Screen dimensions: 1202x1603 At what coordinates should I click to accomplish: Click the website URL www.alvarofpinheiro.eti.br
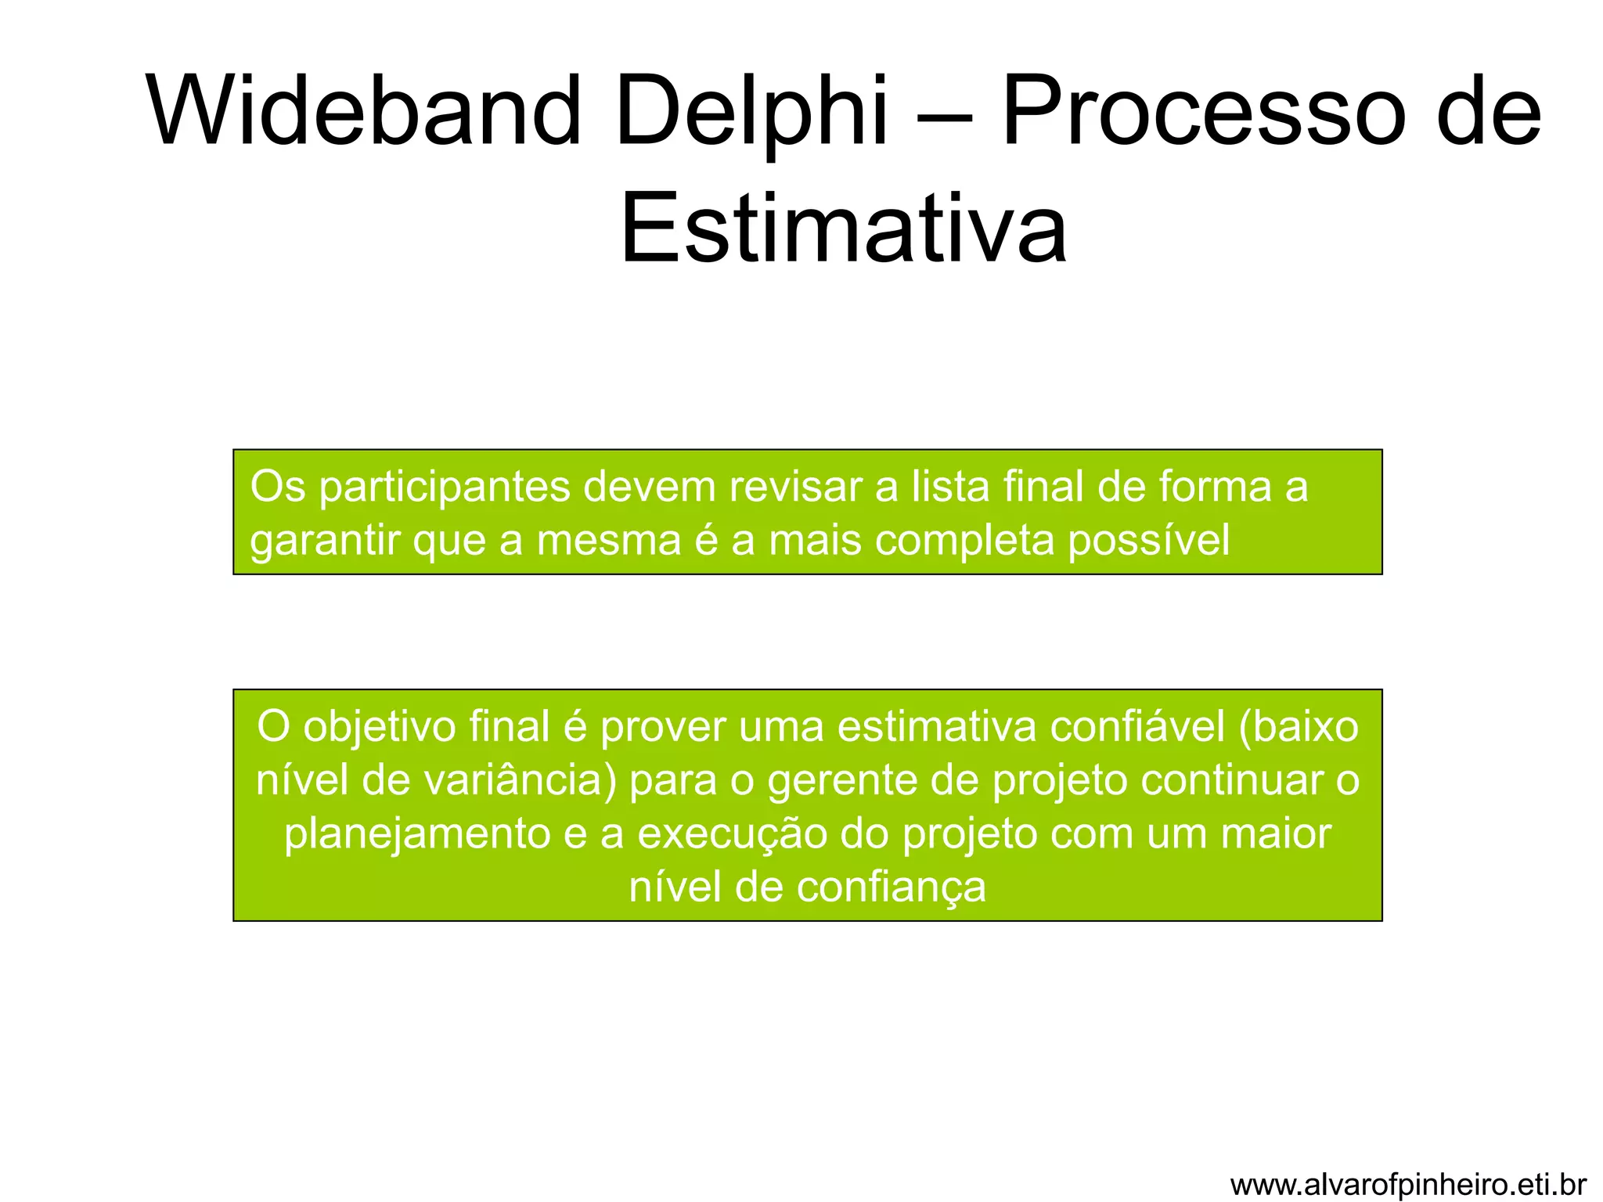(1408, 1184)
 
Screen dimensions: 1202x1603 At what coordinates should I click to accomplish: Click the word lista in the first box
(946, 488)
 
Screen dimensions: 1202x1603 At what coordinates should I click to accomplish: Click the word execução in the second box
(733, 835)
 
